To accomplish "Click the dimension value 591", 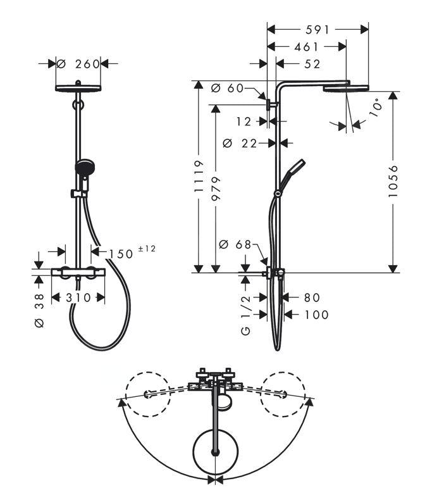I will (316, 29).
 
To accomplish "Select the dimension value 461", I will (306, 46).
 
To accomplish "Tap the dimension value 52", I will (312, 63).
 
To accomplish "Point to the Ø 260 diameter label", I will (78, 63).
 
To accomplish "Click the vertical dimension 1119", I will (199, 177).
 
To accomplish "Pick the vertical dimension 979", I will (216, 188).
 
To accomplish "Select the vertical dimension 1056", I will (393, 182).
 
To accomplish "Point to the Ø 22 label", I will (240, 144).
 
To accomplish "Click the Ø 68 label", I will (235, 244).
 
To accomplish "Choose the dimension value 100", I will (316, 315).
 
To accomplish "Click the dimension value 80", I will (312, 298).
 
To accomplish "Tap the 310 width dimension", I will (78, 298).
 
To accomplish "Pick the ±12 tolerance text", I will (145, 249).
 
